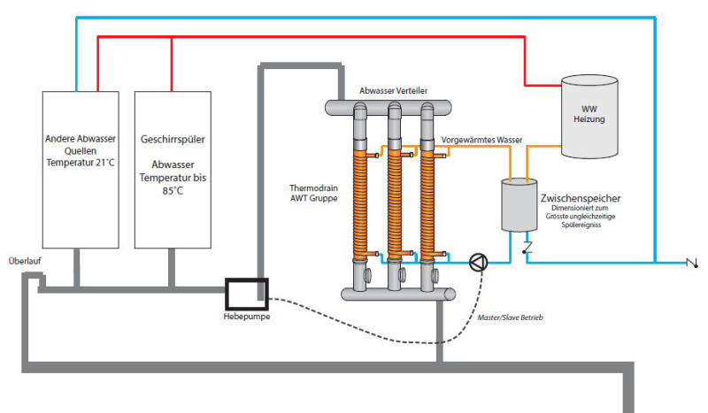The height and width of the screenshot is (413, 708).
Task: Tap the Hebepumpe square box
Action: (245, 291)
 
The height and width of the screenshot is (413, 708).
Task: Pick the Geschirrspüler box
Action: (173, 169)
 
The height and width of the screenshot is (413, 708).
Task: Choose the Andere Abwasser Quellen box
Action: (81, 169)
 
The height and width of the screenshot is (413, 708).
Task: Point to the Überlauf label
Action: (24, 261)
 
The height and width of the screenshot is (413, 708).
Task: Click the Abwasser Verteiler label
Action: (394, 91)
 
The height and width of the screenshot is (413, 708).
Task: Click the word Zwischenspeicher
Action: (580, 198)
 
